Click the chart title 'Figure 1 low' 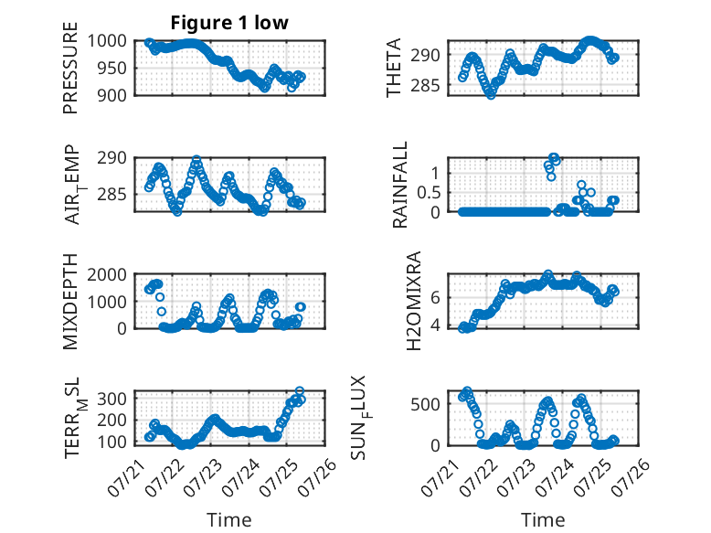tap(229, 23)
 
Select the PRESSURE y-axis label tap(70, 68)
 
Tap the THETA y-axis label tap(394, 68)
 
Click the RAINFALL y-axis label tap(400, 184)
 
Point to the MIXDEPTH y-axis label tap(70, 302)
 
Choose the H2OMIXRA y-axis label tap(414, 301)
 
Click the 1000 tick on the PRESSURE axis tap(107, 41)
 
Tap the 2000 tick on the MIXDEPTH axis tap(107, 274)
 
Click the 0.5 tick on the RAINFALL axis tap(429, 193)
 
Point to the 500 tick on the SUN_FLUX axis tap(425, 404)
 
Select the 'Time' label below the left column tap(229, 519)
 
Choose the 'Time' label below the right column tap(543, 519)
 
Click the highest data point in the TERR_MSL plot tap(299, 391)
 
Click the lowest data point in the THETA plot tap(491, 95)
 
